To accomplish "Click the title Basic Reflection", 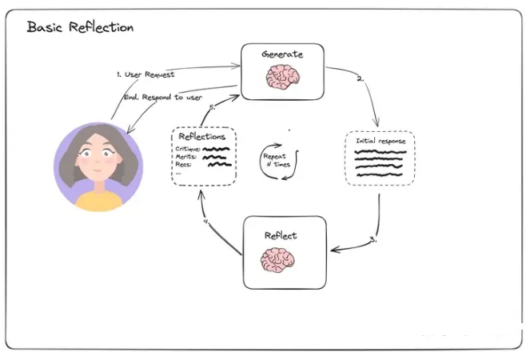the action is click(x=80, y=26).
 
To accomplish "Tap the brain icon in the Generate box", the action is click(x=282, y=77).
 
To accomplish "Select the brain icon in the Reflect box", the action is click(x=277, y=260).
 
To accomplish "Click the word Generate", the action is click(x=282, y=54).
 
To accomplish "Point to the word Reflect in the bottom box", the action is click(x=281, y=235).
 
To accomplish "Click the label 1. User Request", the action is click(x=145, y=74).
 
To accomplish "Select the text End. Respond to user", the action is click(x=163, y=98).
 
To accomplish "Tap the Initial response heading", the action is click(x=381, y=141).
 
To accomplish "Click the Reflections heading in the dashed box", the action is click(x=201, y=136).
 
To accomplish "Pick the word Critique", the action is click(x=188, y=149).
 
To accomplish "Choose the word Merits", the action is click(x=186, y=157).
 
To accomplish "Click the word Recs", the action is click(x=184, y=165).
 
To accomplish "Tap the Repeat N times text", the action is click(x=277, y=160).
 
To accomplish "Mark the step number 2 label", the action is click(x=361, y=79).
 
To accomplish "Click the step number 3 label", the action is click(x=373, y=239).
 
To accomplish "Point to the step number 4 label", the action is click(x=206, y=222).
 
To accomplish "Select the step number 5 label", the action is click(x=213, y=107).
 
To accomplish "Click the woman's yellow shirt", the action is click(x=98, y=201).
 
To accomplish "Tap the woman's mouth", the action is click(x=98, y=170).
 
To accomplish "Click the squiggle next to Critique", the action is click(x=217, y=149).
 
